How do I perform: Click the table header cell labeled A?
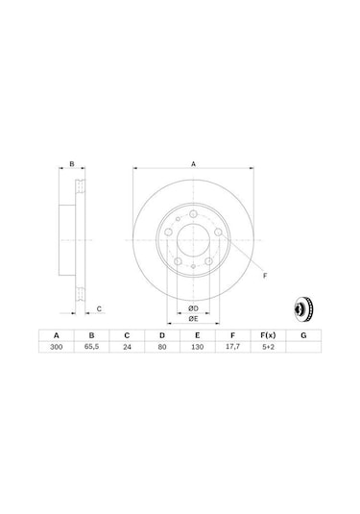point(57,335)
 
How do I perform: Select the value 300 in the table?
point(57,347)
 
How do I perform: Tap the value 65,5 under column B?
point(92,347)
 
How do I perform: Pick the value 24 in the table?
point(127,347)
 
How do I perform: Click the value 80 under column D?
point(162,347)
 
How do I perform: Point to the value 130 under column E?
point(197,347)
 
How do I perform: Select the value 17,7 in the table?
point(232,347)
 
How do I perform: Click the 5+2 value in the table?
point(268,347)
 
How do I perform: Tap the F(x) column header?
point(268,335)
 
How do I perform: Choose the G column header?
point(303,335)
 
